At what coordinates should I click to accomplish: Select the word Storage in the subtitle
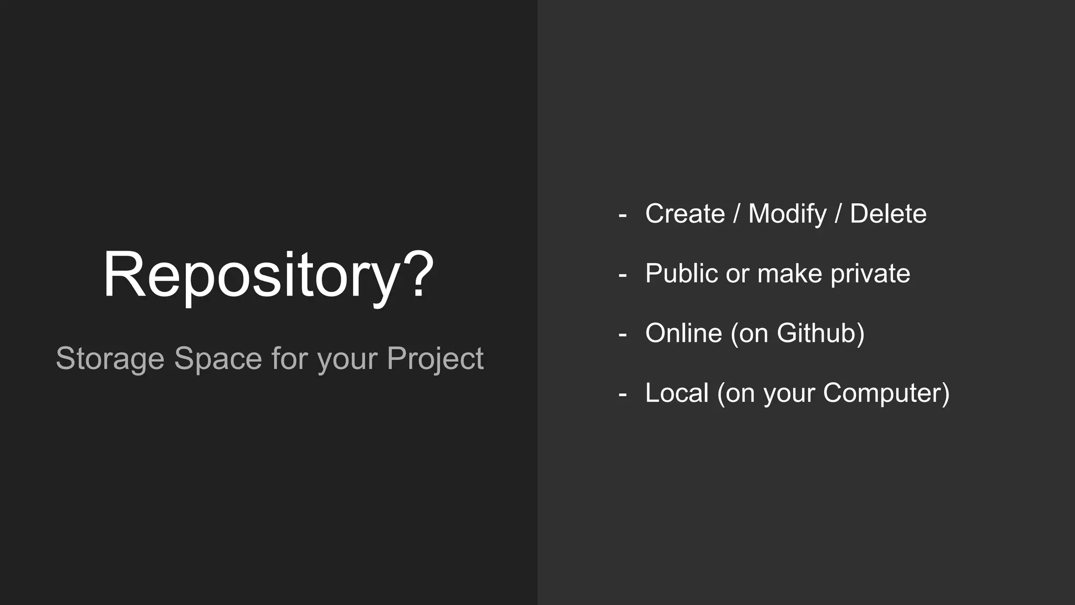point(110,359)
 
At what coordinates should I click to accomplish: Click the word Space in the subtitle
point(218,359)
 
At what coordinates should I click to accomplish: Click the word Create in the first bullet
point(685,214)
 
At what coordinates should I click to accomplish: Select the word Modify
point(787,214)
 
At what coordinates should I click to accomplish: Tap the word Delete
point(888,214)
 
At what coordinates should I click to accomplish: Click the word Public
point(681,274)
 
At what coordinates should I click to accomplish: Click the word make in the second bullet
point(789,274)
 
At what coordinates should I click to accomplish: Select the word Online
point(683,333)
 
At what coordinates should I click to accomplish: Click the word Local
point(677,393)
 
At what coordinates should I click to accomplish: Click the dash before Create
point(623,215)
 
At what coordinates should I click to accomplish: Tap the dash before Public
point(623,275)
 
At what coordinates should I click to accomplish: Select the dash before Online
point(623,335)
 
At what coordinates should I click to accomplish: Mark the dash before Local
point(623,394)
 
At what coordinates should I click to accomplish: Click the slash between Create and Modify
point(736,214)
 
